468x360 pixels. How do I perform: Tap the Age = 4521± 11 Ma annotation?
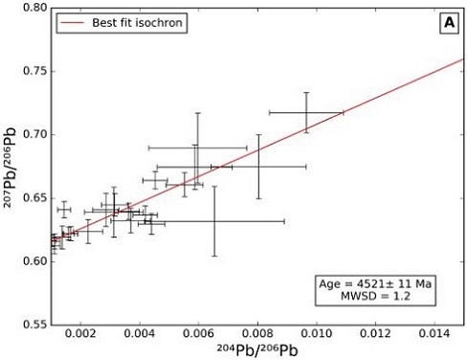coord(375,284)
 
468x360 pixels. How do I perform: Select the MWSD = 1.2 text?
coord(375,298)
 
